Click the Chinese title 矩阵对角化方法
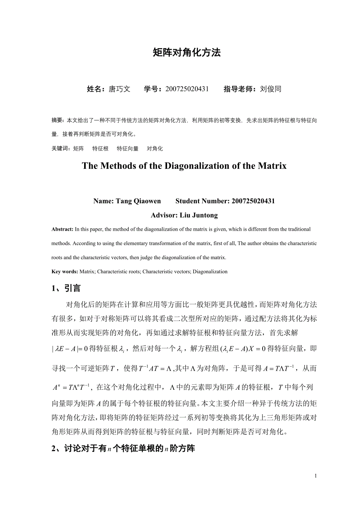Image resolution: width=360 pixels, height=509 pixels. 187,53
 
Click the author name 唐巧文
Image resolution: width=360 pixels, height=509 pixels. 119,89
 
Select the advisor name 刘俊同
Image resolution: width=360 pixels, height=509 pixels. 270,89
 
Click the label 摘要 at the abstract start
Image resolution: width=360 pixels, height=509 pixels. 57,120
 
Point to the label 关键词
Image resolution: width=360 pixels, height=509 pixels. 61,149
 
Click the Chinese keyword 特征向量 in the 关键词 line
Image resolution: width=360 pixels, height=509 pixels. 128,149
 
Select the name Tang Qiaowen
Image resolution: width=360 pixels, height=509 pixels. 138,201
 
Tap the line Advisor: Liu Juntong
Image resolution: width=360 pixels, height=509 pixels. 184,215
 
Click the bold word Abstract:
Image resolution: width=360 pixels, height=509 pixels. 62,229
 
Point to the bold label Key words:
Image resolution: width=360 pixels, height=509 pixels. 65,271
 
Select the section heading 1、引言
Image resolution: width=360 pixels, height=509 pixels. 66,289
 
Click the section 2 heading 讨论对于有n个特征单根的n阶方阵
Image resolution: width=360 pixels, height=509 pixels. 123,449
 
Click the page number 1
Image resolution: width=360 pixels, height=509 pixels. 316,476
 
